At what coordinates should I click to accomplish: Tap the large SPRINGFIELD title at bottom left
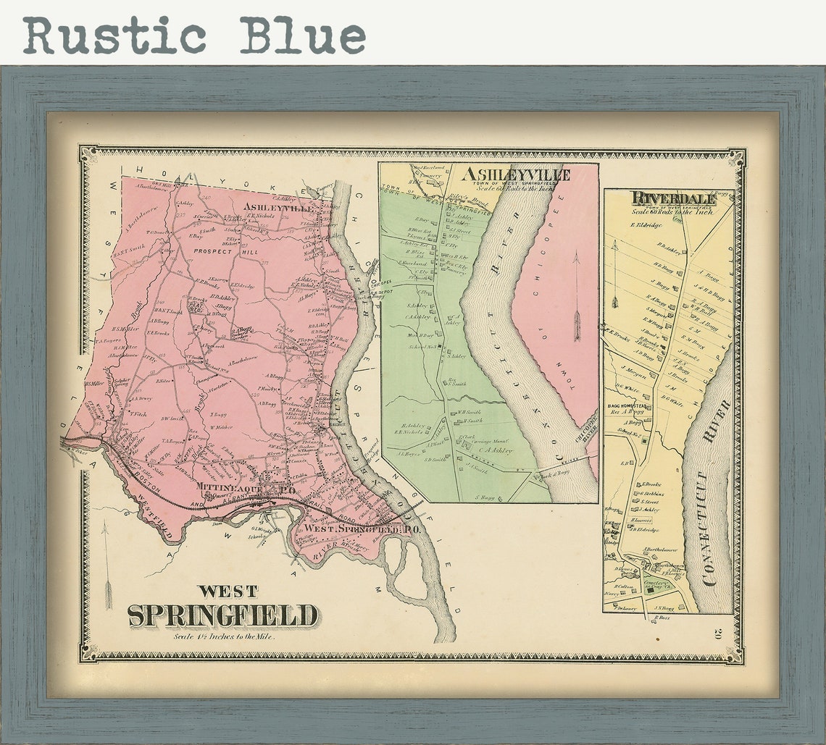click(222, 615)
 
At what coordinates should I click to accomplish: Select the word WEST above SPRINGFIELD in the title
click(228, 591)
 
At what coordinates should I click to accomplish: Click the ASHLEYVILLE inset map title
click(515, 174)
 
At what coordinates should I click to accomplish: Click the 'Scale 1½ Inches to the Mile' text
click(224, 636)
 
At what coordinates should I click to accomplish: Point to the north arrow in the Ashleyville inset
click(576, 297)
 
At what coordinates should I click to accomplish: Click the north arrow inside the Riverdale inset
click(614, 275)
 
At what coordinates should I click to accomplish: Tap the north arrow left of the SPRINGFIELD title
click(107, 565)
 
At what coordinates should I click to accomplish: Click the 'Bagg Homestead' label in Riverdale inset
click(627, 407)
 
